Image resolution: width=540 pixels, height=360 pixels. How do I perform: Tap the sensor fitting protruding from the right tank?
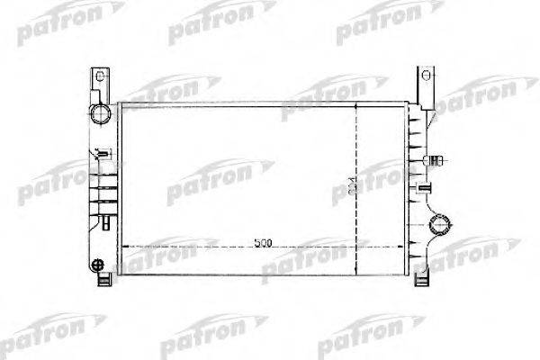436,162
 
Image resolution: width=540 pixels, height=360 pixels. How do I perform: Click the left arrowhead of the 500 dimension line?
123,245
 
